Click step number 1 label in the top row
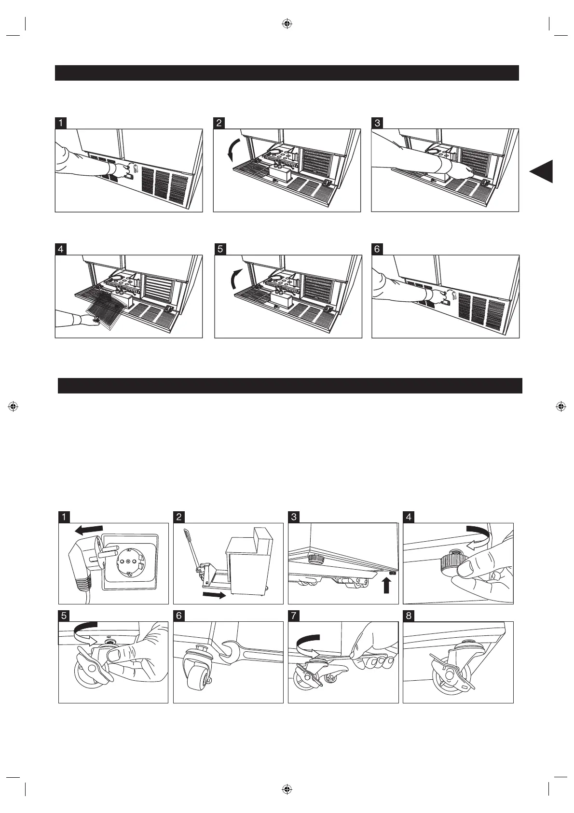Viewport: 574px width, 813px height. [60, 123]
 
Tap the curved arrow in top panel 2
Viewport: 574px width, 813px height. [232, 149]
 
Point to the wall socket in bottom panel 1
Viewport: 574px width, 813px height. [128, 561]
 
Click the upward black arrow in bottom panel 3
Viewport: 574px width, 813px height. [386, 586]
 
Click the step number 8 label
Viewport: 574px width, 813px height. [409, 616]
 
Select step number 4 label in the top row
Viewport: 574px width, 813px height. [60, 249]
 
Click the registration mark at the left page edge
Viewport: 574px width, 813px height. [14, 406]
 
